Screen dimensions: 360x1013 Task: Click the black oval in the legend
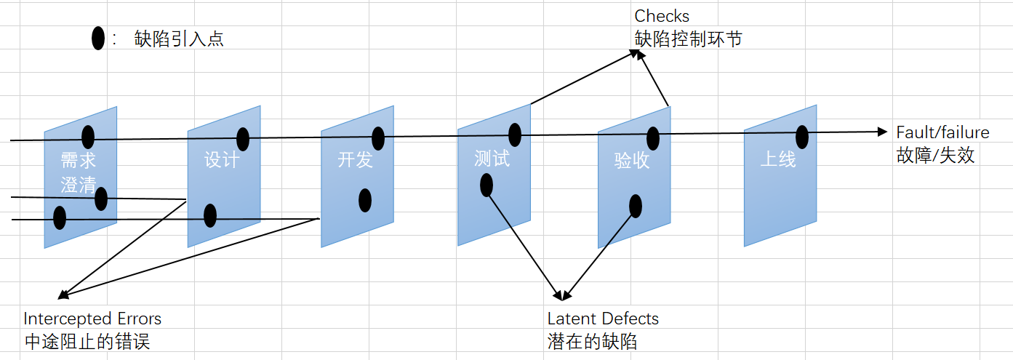point(98,39)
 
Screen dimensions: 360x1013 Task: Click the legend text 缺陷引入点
point(179,39)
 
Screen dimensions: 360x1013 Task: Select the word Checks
point(662,16)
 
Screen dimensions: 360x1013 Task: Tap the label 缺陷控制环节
point(688,39)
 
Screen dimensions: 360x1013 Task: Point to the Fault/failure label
point(942,132)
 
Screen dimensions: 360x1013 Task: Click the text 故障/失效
point(935,155)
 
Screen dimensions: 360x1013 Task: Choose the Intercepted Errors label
point(92,319)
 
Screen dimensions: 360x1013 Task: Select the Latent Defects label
point(603,319)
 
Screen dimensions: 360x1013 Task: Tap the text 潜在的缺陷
point(592,341)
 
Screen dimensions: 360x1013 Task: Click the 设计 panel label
point(222,159)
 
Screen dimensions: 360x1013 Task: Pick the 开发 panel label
point(356,159)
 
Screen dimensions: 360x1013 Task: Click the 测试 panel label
point(492,159)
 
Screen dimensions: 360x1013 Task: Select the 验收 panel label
point(632,161)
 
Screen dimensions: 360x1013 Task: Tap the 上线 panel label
point(778,159)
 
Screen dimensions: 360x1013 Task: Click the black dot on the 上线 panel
point(802,137)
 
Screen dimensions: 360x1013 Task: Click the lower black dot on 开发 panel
point(365,200)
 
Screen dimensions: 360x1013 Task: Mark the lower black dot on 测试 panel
point(487,185)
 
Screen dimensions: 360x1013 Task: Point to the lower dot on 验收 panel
point(636,206)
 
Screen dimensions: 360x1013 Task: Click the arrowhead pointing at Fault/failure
point(883,132)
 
